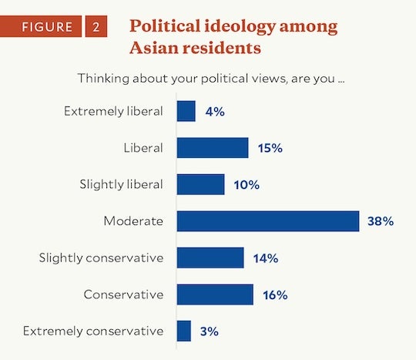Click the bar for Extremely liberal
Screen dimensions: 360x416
tap(186, 111)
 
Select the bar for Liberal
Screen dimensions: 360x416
tap(213, 148)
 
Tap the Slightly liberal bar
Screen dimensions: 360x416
tap(200, 184)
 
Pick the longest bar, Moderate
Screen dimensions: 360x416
tap(267, 221)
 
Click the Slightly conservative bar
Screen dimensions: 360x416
tap(210, 257)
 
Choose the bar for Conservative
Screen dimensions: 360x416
tap(215, 294)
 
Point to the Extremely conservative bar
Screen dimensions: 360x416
tap(184, 331)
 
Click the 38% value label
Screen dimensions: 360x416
tap(381, 221)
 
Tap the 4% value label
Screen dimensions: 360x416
tap(214, 112)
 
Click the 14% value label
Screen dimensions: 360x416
tap(265, 258)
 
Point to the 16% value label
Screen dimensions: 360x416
tap(274, 294)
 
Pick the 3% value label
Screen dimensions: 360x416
tap(210, 331)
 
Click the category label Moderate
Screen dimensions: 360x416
tap(133, 221)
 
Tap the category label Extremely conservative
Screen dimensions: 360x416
tap(93, 331)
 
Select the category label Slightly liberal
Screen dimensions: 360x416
tap(121, 185)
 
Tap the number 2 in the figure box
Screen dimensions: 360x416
tap(96, 27)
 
